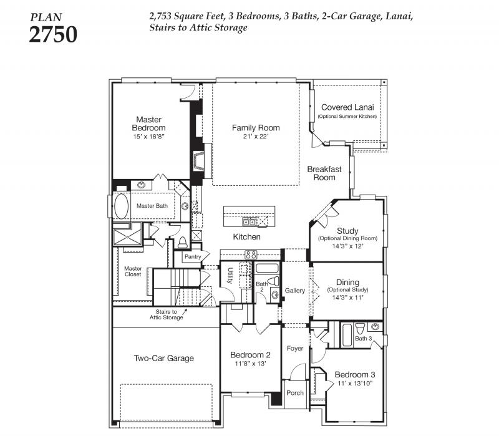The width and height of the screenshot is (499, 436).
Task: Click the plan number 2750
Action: pos(53,34)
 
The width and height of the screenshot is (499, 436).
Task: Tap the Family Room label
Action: pos(256,128)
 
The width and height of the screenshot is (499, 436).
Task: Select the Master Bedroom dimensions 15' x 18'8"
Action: pos(148,137)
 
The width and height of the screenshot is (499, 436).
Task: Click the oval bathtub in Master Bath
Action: pos(121,206)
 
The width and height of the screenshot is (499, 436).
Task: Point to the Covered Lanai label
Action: pos(347,107)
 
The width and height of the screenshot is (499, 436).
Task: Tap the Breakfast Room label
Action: pos(324,173)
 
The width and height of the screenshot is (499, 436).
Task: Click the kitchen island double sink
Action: pos(249,221)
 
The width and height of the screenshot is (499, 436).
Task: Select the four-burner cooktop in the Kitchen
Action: pos(251,254)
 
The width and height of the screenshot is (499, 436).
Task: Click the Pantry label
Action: pos(193,256)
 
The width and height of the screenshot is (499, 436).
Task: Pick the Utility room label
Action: pos(230,275)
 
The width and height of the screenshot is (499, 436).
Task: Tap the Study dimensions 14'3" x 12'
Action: pos(347,246)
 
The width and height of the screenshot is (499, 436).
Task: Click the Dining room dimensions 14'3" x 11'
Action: pos(347,298)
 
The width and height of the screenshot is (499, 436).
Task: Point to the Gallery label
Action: pos(294,291)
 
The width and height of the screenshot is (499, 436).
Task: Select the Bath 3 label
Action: pos(364,338)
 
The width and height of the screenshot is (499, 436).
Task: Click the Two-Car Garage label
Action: pos(163,359)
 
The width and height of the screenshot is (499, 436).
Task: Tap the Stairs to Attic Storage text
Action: pos(167,314)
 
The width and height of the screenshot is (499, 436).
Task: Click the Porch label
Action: pos(294,393)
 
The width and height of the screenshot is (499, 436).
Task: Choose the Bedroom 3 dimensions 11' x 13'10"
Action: pos(355,384)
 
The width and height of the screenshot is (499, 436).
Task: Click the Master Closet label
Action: pos(133,271)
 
